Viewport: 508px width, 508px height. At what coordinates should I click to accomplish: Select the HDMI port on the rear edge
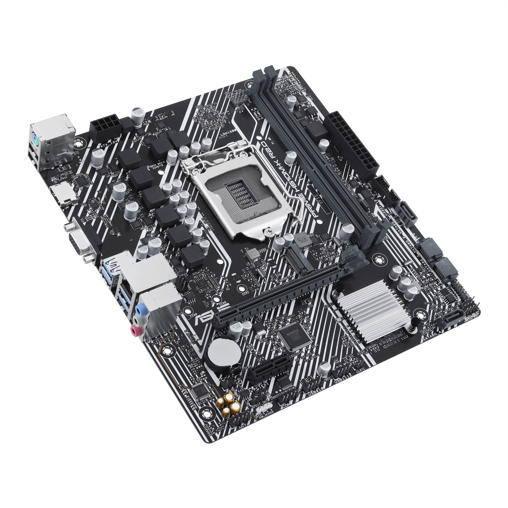click(x=64, y=193)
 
